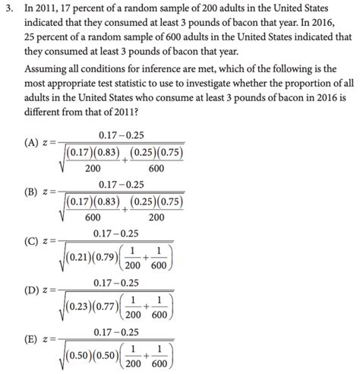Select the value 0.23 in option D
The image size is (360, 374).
(x=81, y=307)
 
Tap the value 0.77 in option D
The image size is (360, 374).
(x=106, y=307)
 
